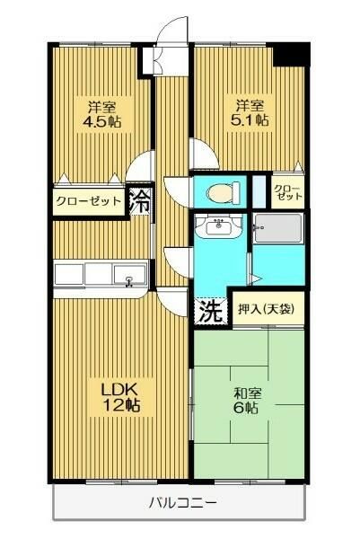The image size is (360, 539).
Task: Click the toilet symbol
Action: [x=221, y=191]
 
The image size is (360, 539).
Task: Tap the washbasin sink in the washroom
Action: [x=218, y=226]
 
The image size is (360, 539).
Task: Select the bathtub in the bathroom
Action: [x=278, y=231]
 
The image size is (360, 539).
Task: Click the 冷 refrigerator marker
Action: [x=140, y=199]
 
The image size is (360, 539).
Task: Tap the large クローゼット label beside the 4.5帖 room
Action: [x=88, y=201]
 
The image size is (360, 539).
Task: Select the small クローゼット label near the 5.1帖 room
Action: [x=287, y=190]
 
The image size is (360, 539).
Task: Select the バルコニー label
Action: [x=180, y=502]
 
